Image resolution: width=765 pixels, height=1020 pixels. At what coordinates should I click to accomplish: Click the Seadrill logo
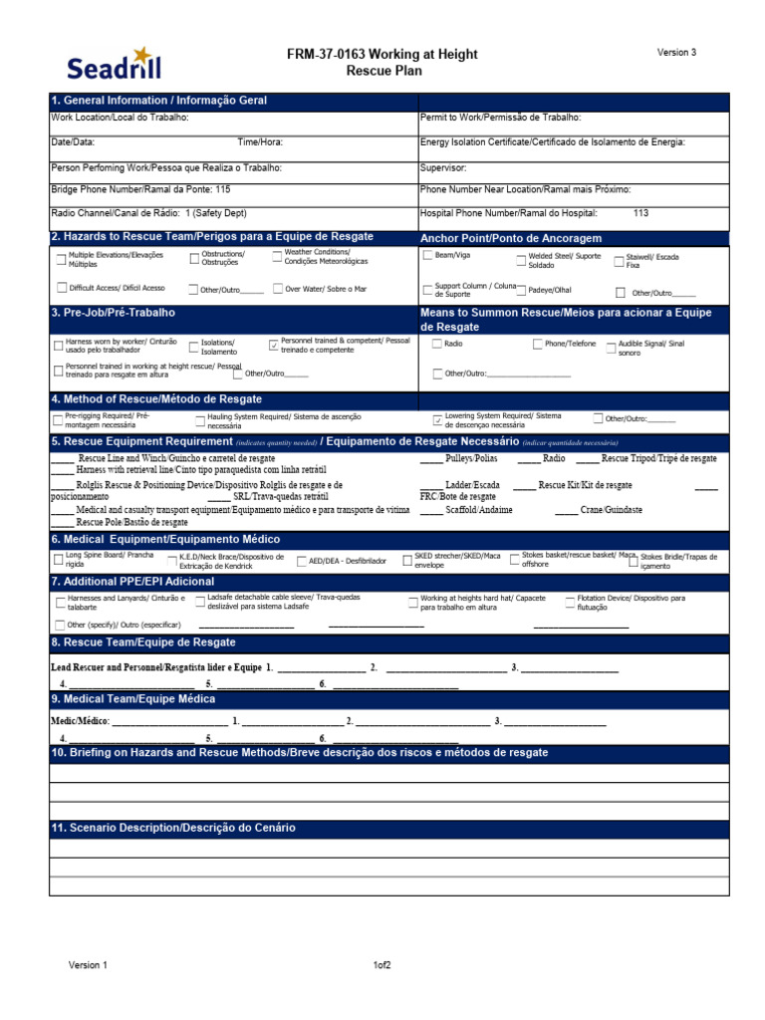[x=113, y=63]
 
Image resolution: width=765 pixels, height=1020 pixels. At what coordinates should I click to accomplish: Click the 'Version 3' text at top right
[x=676, y=53]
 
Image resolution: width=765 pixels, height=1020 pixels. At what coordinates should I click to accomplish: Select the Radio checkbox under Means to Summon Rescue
[x=437, y=344]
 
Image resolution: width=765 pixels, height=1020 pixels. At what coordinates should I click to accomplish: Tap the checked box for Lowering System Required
[x=437, y=419]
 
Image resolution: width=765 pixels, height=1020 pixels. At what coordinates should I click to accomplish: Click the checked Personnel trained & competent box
[x=274, y=345]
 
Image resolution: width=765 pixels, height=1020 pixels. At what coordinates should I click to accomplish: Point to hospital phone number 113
[x=640, y=213]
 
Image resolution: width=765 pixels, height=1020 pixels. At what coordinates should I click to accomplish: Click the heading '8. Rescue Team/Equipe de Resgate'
[x=143, y=642]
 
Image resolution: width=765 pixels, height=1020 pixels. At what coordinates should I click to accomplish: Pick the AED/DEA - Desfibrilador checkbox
[x=301, y=561]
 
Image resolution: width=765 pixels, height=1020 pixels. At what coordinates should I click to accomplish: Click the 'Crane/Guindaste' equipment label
[x=612, y=510]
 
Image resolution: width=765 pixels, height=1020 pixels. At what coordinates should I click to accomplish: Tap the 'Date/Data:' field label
[x=73, y=142]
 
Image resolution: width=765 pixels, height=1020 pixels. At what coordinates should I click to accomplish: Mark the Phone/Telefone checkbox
[x=537, y=344]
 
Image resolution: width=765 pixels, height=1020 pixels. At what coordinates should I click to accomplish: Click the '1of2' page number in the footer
[x=382, y=965]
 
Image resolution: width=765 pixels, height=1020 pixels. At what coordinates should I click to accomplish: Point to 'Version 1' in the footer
[x=88, y=965]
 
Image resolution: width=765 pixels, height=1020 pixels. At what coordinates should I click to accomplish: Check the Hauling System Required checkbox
[x=200, y=419]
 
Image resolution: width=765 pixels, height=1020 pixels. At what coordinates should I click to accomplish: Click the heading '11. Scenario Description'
[x=173, y=828]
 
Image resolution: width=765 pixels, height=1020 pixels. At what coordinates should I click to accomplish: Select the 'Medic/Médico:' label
[x=80, y=720]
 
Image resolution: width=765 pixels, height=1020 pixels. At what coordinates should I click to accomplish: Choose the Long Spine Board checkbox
[x=58, y=560]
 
